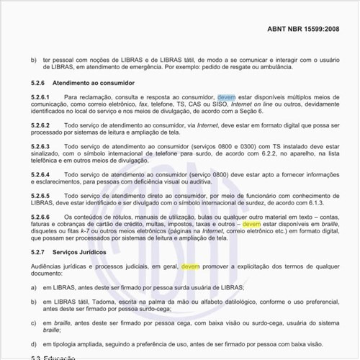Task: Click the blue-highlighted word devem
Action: click(x=226, y=96)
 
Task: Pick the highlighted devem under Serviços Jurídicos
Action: click(x=190, y=266)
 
